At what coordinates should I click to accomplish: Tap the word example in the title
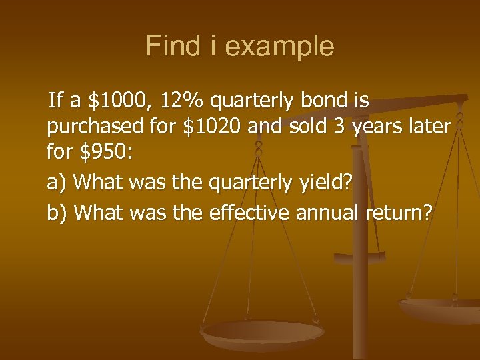[x=279, y=47]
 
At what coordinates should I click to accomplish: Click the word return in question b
[x=400, y=213]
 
